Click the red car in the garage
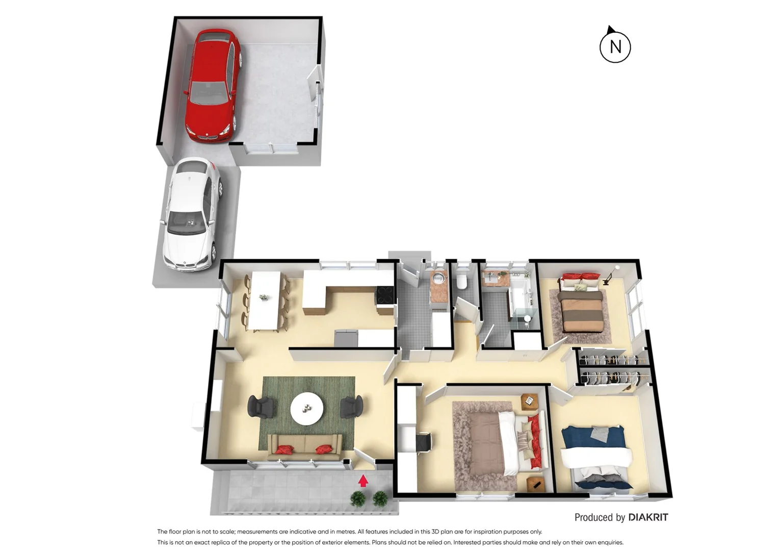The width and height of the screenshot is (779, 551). [212, 86]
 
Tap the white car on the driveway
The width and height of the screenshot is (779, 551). [191, 214]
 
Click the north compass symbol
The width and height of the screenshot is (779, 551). [615, 46]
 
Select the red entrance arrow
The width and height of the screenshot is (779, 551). [363, 481]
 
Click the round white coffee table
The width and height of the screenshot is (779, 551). [306, 408]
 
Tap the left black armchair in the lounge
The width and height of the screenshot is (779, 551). [261, 407]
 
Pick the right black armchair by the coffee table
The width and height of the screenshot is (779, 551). [352, 407]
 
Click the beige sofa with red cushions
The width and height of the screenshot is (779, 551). [305, 447]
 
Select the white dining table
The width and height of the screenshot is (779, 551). [265, 301]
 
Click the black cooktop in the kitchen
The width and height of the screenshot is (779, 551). [385, 295]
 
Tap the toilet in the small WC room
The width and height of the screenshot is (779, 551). [462, 281]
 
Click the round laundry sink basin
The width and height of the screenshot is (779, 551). [438, 279]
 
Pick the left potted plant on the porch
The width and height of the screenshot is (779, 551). [358, 498]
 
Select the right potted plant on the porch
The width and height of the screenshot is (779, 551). [380, 498]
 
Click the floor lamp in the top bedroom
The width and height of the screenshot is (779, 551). [610, 275]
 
